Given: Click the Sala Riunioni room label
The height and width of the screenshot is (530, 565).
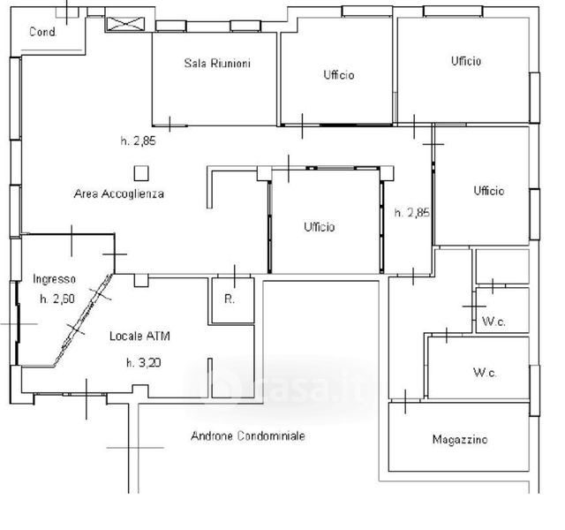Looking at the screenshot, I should pos(217,63).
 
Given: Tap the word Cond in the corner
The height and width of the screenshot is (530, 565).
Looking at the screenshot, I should pos(42,33).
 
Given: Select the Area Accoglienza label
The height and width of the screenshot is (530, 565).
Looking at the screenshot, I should pos(118,193).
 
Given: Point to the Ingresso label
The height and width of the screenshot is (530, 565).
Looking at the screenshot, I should pos(55,279).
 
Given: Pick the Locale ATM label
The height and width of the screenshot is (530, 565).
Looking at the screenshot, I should pos(140,337).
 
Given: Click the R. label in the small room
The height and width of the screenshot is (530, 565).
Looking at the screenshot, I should pos(229,299).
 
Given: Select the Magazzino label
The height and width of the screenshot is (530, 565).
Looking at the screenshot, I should pos(460,439).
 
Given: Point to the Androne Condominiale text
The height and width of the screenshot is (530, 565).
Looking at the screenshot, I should pos(249,436).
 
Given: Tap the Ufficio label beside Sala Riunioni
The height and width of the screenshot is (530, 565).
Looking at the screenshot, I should pos(339,76).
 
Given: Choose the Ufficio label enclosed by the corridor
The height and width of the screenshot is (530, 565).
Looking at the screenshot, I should pos(320,227).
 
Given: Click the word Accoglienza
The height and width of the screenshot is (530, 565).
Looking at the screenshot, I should pos(132,193).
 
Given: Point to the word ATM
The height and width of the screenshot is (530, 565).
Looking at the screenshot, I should pos(160,337).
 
